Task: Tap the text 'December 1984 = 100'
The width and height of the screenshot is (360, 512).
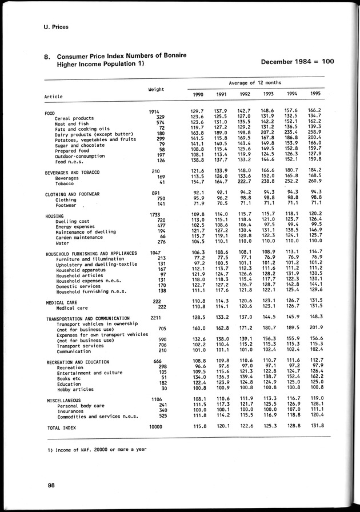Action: [x=297, y=62]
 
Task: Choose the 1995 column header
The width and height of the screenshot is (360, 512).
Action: [x=315, y=94]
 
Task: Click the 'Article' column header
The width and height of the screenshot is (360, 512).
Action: [x=54, y=97]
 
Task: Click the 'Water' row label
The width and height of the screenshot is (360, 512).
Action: [x=63, y=242]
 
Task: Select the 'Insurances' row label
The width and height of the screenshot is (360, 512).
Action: [x=70, y=410]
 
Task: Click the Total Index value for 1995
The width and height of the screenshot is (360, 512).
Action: [x=315, y=427]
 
